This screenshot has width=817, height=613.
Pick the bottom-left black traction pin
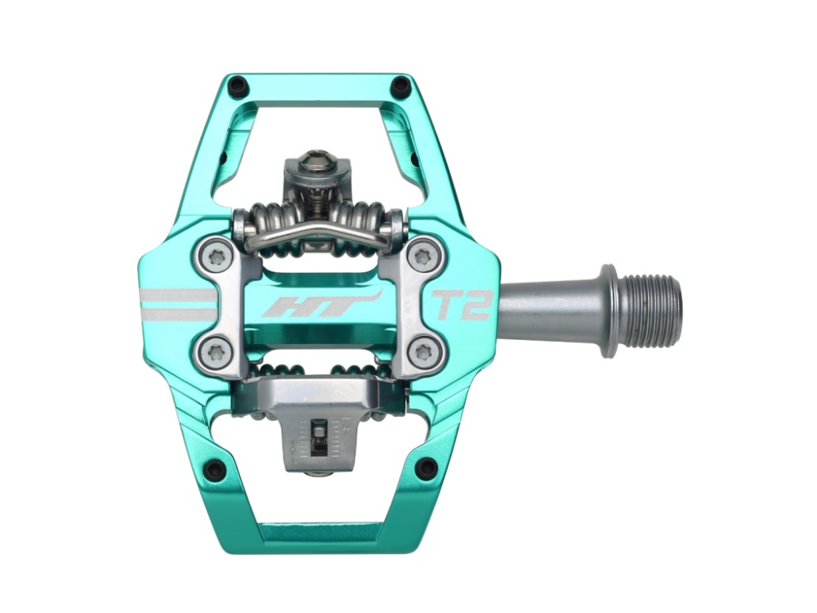tap(214, 469)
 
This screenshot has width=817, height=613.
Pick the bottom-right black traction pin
tap(426, 469)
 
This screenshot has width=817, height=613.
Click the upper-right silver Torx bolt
tap(423, 257)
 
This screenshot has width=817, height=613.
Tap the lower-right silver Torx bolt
tap(423, 353)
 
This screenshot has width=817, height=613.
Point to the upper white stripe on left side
tap(176, 295)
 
